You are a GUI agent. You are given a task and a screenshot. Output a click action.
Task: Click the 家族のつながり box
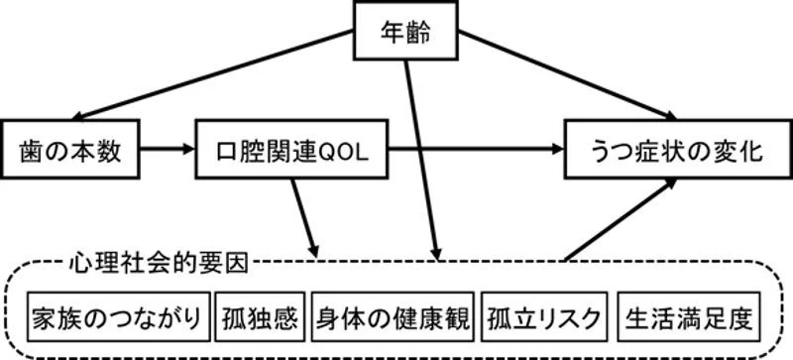[x=118, y=318]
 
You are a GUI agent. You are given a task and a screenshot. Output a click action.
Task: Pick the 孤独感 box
[x=261, y=318]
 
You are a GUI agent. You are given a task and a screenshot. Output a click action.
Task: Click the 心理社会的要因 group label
[x=159, y=263]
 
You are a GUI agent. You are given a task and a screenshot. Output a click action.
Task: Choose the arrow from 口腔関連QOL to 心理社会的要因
[x=306, y=218]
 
